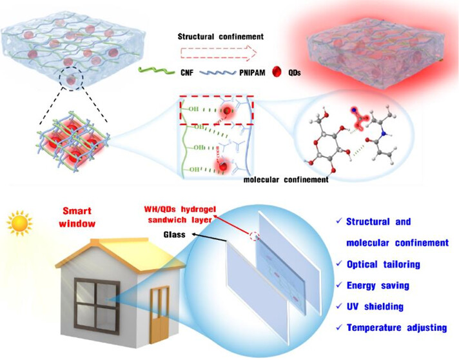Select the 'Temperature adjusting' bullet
(x=396, y=327)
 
